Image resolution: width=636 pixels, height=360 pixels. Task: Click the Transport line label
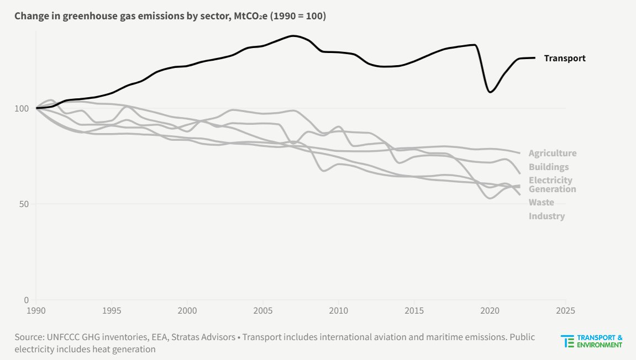[x=564, y=58]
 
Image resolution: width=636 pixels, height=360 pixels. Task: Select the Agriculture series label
[x=552, y=153]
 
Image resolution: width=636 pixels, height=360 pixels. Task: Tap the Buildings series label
[x=548, y=167]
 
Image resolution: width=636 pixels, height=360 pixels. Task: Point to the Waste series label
[x=541, y=203]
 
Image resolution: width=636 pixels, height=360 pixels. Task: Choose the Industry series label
[x=546, y=216]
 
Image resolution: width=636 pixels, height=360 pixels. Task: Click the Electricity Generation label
[x=551, y=184]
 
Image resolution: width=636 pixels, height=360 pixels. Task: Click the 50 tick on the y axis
[x=24, y=204]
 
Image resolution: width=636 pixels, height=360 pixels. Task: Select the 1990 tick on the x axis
[x=36, y=310]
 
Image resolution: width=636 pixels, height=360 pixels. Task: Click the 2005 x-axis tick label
[x=263, y=310]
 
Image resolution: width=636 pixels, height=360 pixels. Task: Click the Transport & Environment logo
[x=591, y=341]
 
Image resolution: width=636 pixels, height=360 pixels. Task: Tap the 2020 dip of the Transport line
[x=490, y=92]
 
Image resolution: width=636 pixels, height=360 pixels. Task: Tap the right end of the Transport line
[x=534, y=58]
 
